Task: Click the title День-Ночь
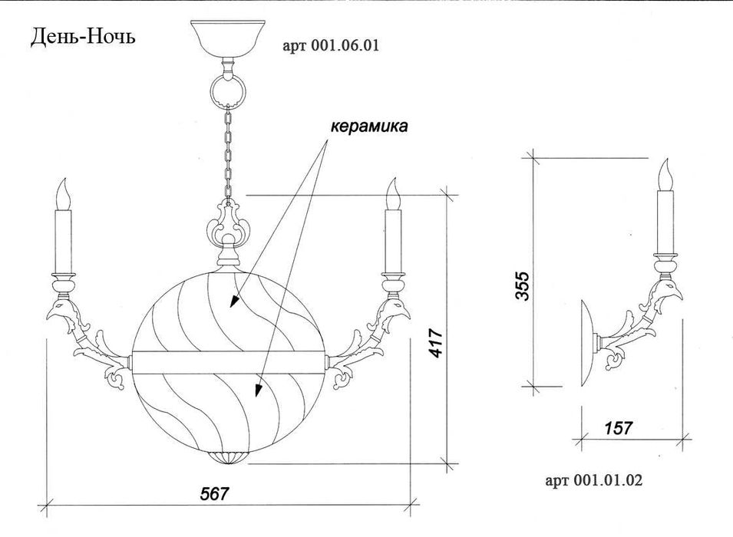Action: [83, 37]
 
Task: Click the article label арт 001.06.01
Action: [331, 46]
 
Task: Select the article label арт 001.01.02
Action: [594, 480]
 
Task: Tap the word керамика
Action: [369, 126]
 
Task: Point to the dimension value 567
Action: [215, 493]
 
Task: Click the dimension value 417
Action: [435, 343]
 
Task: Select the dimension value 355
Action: [522, 285]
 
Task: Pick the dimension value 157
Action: [618, 427]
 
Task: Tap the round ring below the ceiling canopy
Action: [228, 91]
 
